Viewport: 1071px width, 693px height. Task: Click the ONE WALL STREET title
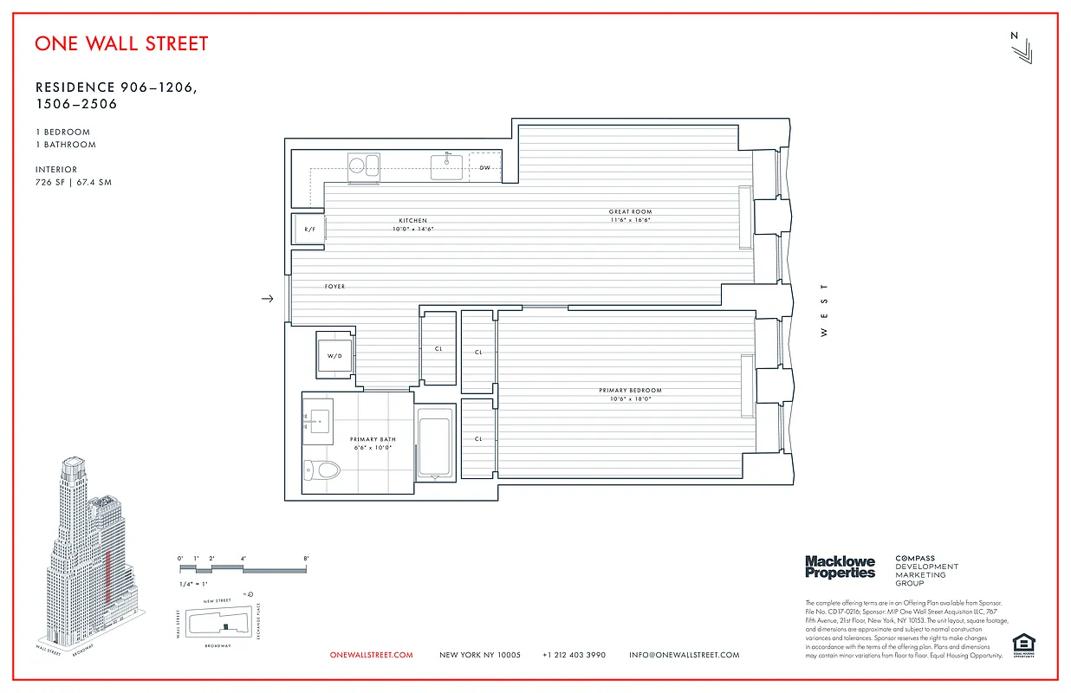pyautogui.click(x=121, y=43)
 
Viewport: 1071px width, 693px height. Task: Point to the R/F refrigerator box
pyautogui.click(x=308, y=229)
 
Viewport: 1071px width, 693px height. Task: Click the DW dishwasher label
pyautogui.click(x=484, y=167)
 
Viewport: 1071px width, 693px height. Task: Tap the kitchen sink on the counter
pyautogui.click(x=446, y=166)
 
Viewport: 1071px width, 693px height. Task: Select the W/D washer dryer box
pyautogui.click(x=334, y=355)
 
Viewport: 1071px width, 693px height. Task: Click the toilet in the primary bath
pyautogui.click(x=322, y=470)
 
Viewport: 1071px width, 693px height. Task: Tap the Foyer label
pyautogui.click(x=334, y=287)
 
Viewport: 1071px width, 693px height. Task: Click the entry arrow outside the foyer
pyautogui.click(x=268, y=299)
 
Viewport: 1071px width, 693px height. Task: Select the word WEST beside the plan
pyautogui.click(x=824, y=310)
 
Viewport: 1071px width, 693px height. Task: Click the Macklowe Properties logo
pyautogui.click(x=840, y=567)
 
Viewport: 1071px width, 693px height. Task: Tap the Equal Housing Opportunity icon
pyautogui.click(x=1023, y=644)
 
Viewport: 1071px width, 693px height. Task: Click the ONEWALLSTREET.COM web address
pyautogui.click(x=372, y=655)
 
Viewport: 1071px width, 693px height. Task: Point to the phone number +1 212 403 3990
pyautogui.click(x=574, y=655)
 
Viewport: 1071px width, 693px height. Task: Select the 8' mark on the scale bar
pyautogui.click(x=306, y=559)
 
